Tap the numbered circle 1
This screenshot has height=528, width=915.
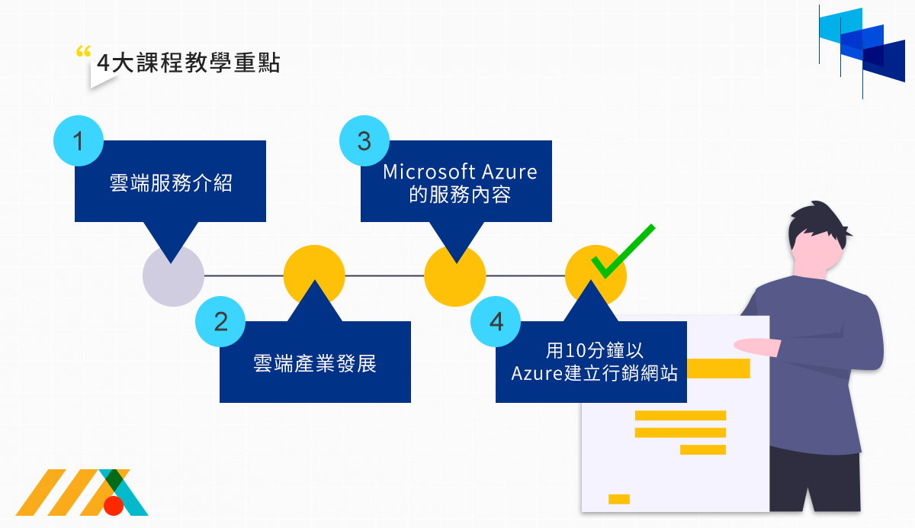tap(79, 140)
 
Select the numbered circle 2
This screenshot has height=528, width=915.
tap(220, 321)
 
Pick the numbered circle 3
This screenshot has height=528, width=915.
tap(364, 141)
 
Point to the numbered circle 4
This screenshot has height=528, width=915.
tap(496, 321)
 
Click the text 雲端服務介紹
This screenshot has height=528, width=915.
tap(170, 183)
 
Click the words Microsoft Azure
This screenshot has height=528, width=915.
tap(460, 172)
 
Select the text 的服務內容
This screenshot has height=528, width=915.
tap(460, 195)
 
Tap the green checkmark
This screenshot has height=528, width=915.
tap(621, 252)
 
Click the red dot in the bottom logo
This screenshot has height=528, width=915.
tap(114, 505)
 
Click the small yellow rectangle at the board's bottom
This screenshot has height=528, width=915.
tap(619, 499)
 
